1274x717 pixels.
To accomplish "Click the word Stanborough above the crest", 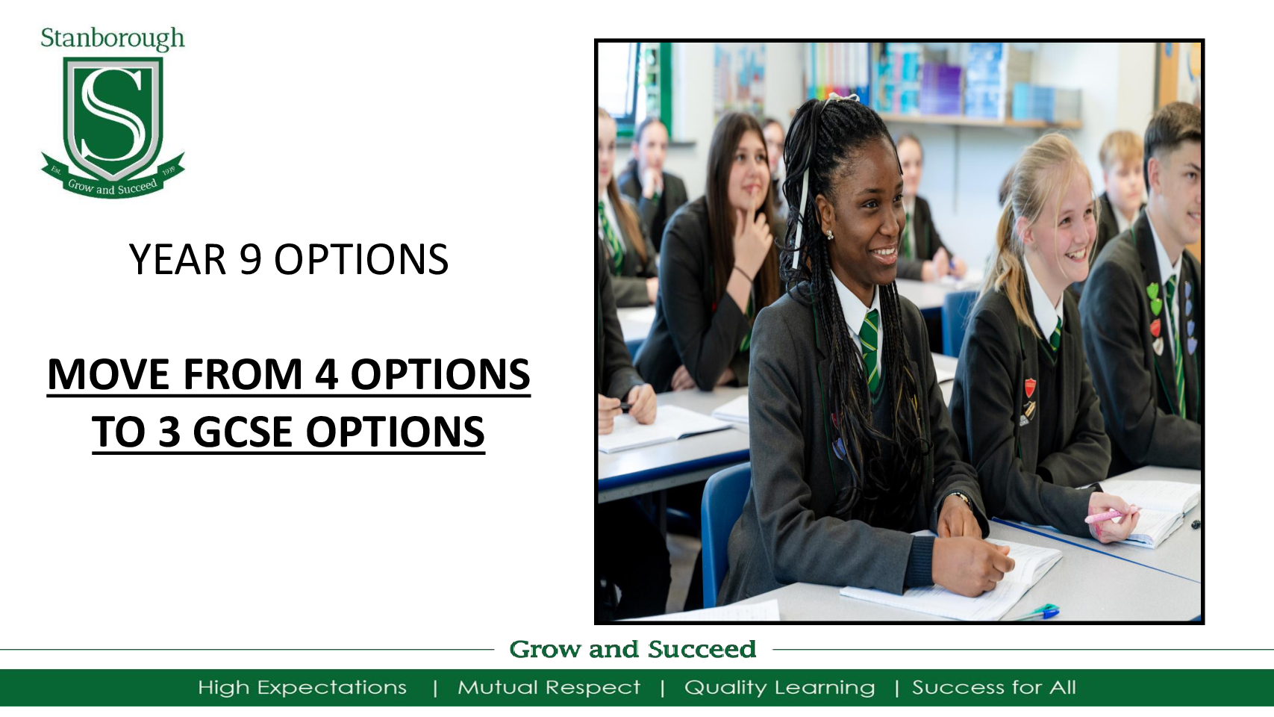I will [112, 38].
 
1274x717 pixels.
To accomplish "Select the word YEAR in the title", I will [178, 260].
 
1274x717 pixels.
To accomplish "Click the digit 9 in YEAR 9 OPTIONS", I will [250, 260].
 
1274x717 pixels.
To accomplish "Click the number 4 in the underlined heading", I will [326, 374].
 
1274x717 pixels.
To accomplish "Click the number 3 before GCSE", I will [169, 432].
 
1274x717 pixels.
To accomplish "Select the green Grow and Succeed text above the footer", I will [632, 649].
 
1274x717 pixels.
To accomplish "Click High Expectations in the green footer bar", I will [302, 687].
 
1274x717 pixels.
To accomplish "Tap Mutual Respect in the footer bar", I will [549, 687].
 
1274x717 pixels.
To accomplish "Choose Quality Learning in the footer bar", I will [779, 687].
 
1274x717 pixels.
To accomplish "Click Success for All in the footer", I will [994, 687].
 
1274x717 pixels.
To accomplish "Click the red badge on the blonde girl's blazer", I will [1030, 387].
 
